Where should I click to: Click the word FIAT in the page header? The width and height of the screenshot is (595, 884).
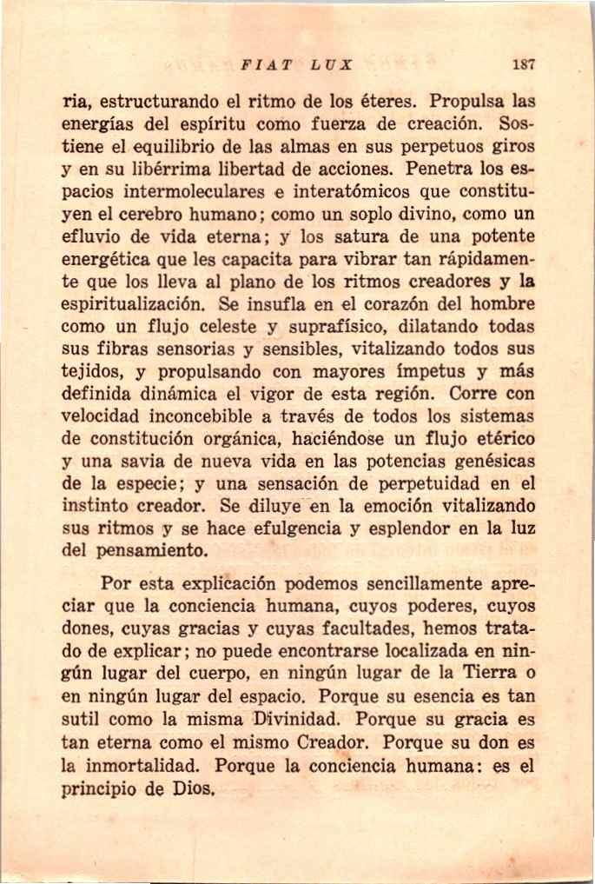coord(263,64)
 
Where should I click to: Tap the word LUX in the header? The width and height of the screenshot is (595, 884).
coord(333,64)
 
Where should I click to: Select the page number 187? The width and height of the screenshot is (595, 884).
coord(523,64)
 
